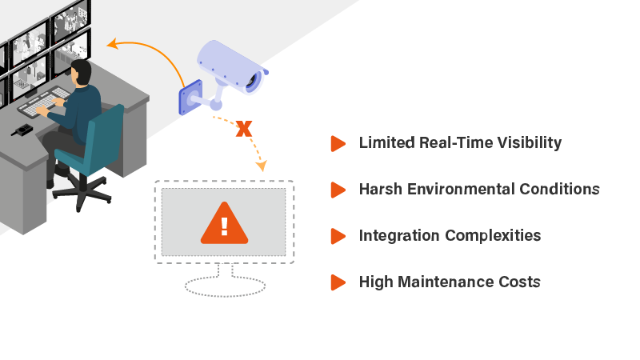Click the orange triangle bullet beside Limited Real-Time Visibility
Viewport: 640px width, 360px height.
338,143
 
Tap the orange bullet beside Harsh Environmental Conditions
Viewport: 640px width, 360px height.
338,190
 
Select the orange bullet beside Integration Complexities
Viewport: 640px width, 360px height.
338,236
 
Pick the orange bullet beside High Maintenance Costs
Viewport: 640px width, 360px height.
338,282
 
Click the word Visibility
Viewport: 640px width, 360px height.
529,143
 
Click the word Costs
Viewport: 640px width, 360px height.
520,282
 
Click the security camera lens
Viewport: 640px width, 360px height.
254,81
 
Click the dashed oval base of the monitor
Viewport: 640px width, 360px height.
225,286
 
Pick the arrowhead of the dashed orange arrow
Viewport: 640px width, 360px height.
260,166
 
